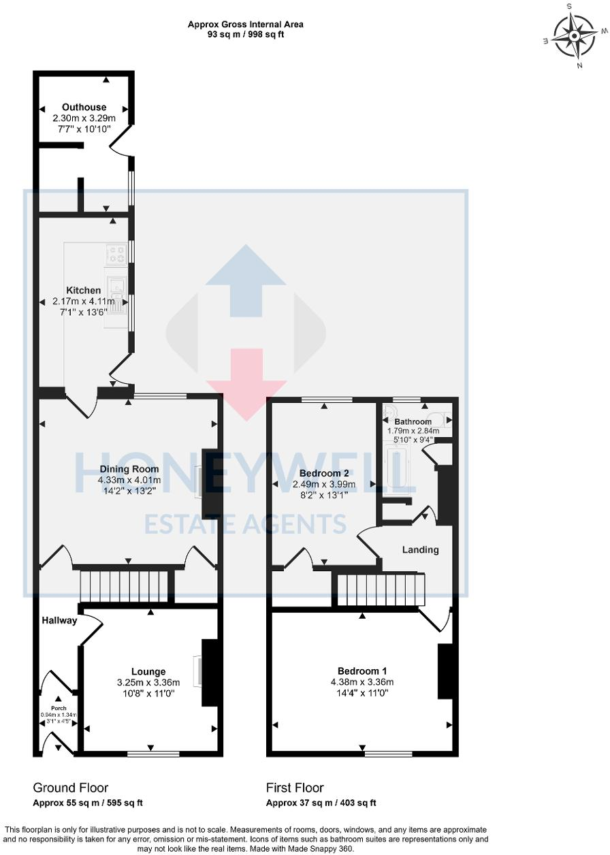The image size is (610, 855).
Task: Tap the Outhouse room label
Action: pos(84,108)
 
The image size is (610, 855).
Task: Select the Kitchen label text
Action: pos(83,291)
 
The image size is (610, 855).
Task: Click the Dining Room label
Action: pos(129,469)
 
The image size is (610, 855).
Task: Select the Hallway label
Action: pos(59,621)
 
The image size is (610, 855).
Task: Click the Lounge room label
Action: pos(148,672)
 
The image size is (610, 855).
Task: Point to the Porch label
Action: pos(58,707)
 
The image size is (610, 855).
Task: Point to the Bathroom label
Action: pos(413,422)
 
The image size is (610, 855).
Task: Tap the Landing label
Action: pos(420,550)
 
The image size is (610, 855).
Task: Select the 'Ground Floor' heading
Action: pos(70,788)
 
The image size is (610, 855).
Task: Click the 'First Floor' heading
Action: pos(295,788)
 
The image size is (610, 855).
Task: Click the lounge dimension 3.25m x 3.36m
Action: pos(148,683)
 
